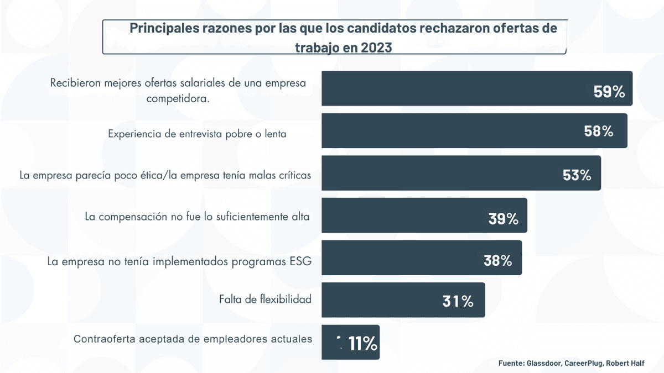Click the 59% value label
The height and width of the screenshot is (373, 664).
(x=609, y=92)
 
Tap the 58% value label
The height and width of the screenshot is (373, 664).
(x=599, y=132)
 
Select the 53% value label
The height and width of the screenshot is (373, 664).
(x=577, y=175)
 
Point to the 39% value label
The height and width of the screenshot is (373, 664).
(x=503, y=219)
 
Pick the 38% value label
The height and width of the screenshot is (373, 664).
(x=497, y=261)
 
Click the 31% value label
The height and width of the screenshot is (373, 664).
(x=458, y=301)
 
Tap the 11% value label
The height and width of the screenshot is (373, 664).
(x=362, y=344)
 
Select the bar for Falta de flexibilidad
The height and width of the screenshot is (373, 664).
(x=387, y=300)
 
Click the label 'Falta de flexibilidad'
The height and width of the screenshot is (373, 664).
(x=265, y=300)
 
